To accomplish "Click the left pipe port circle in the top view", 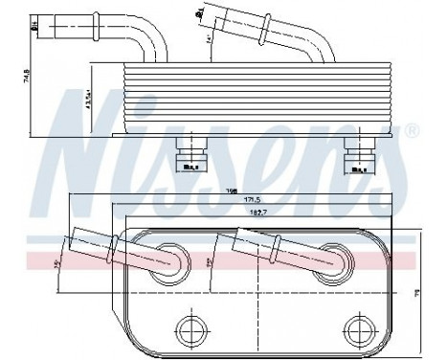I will point(171,259).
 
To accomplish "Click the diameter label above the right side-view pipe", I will point(198,11).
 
